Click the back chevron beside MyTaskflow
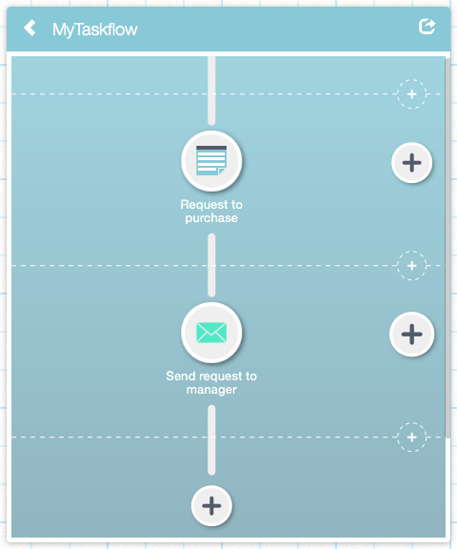click(x=30, y=28)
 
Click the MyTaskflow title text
click(x=95, y=30)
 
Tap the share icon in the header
click(x=427, y=27)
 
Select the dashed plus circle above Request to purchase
click(x=412, y=93)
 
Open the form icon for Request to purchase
click(x=211, y=161)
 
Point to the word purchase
click(x=211, y=218)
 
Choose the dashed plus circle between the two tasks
click(x=412, y=265)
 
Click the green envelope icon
click(x=211, y=333)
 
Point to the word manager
click(x=211, y=390)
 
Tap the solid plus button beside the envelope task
click(x=412, y=334)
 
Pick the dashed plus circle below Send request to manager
click(x=412, y=437)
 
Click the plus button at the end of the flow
click(x=211, y=505)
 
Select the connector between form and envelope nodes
click(x=211, y=265)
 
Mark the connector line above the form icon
click(x=211, y=91)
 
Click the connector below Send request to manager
click(x=211, y=439)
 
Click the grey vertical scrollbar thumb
click(x=447, y=248)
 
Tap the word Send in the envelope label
click(x=181, y=376)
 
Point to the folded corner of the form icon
click(x=222, y=172)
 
